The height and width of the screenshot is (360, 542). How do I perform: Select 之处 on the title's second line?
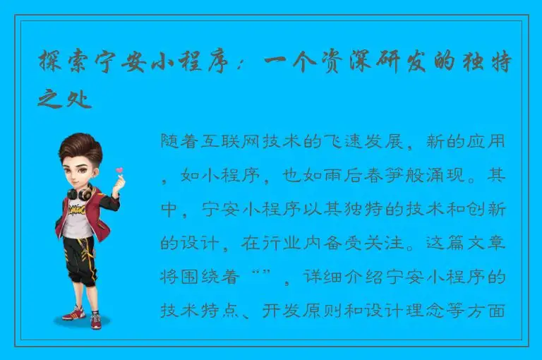coord(64,99)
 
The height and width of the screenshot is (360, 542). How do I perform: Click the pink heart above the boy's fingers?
coord(119,170)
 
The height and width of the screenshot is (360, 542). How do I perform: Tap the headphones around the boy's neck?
coord(79,191)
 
